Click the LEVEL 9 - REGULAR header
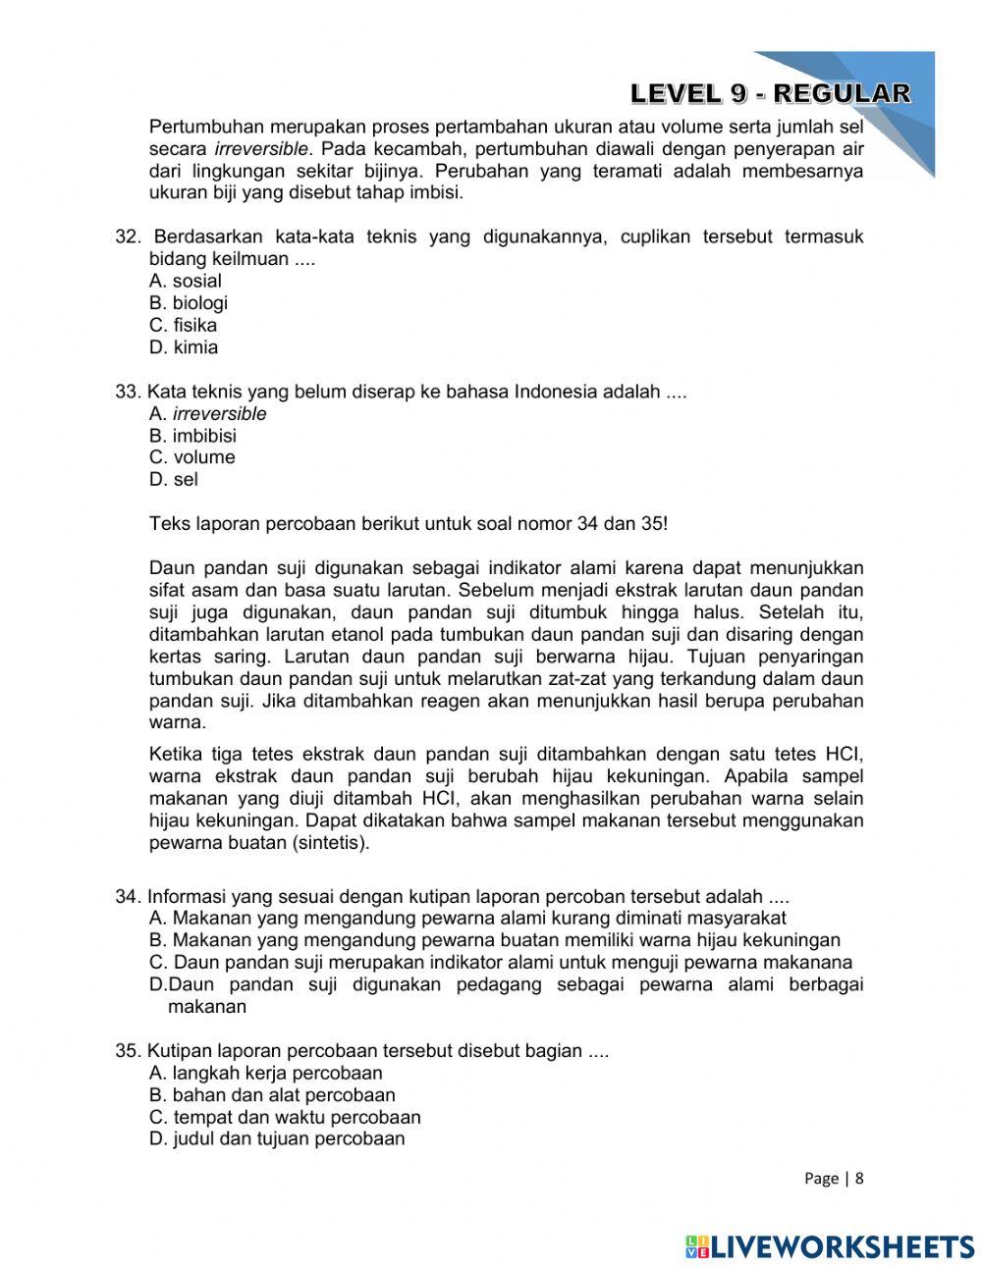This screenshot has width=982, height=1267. (x=770, y=93)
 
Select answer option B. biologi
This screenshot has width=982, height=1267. (x=189, y=303)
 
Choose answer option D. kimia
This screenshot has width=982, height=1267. (x=184, y=347)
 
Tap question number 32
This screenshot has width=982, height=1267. (x=129, y=238)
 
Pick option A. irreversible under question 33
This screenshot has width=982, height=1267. (x=207, y=414)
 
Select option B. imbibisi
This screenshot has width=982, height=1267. (x=192, y=436)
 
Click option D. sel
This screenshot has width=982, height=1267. (x=174, y=480)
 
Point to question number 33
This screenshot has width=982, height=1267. (x=129, y=392)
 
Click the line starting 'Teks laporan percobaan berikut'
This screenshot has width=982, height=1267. (x=408, y=524)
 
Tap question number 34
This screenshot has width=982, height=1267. (x=129, y=897)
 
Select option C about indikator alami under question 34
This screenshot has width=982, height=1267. (x=501, y=963)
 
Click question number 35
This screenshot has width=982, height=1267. (x=129, y=1051)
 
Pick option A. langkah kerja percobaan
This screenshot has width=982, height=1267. (x=265, y=1074)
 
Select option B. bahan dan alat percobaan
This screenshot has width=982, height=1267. (x=272, y=1095)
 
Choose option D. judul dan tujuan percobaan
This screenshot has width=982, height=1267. (x=277, y=1139)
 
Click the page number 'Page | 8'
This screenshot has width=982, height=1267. (x=833, y=1179)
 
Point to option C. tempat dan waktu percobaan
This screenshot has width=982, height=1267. (x=285, y=1118)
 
